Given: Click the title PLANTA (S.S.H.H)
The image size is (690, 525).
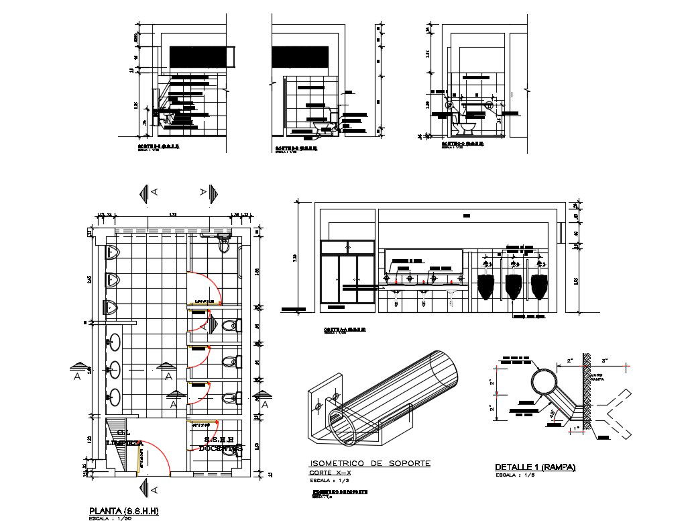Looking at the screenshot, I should (123, 511).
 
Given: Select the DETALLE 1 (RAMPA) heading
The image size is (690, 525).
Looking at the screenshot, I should (535, 467).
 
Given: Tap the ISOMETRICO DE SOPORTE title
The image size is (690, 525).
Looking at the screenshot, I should (369, 464).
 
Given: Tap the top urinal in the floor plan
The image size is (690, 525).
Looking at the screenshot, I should (113, 253).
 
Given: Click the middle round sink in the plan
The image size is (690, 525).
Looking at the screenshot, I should (114, 368).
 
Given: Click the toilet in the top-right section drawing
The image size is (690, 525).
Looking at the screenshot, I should (464, 126).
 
